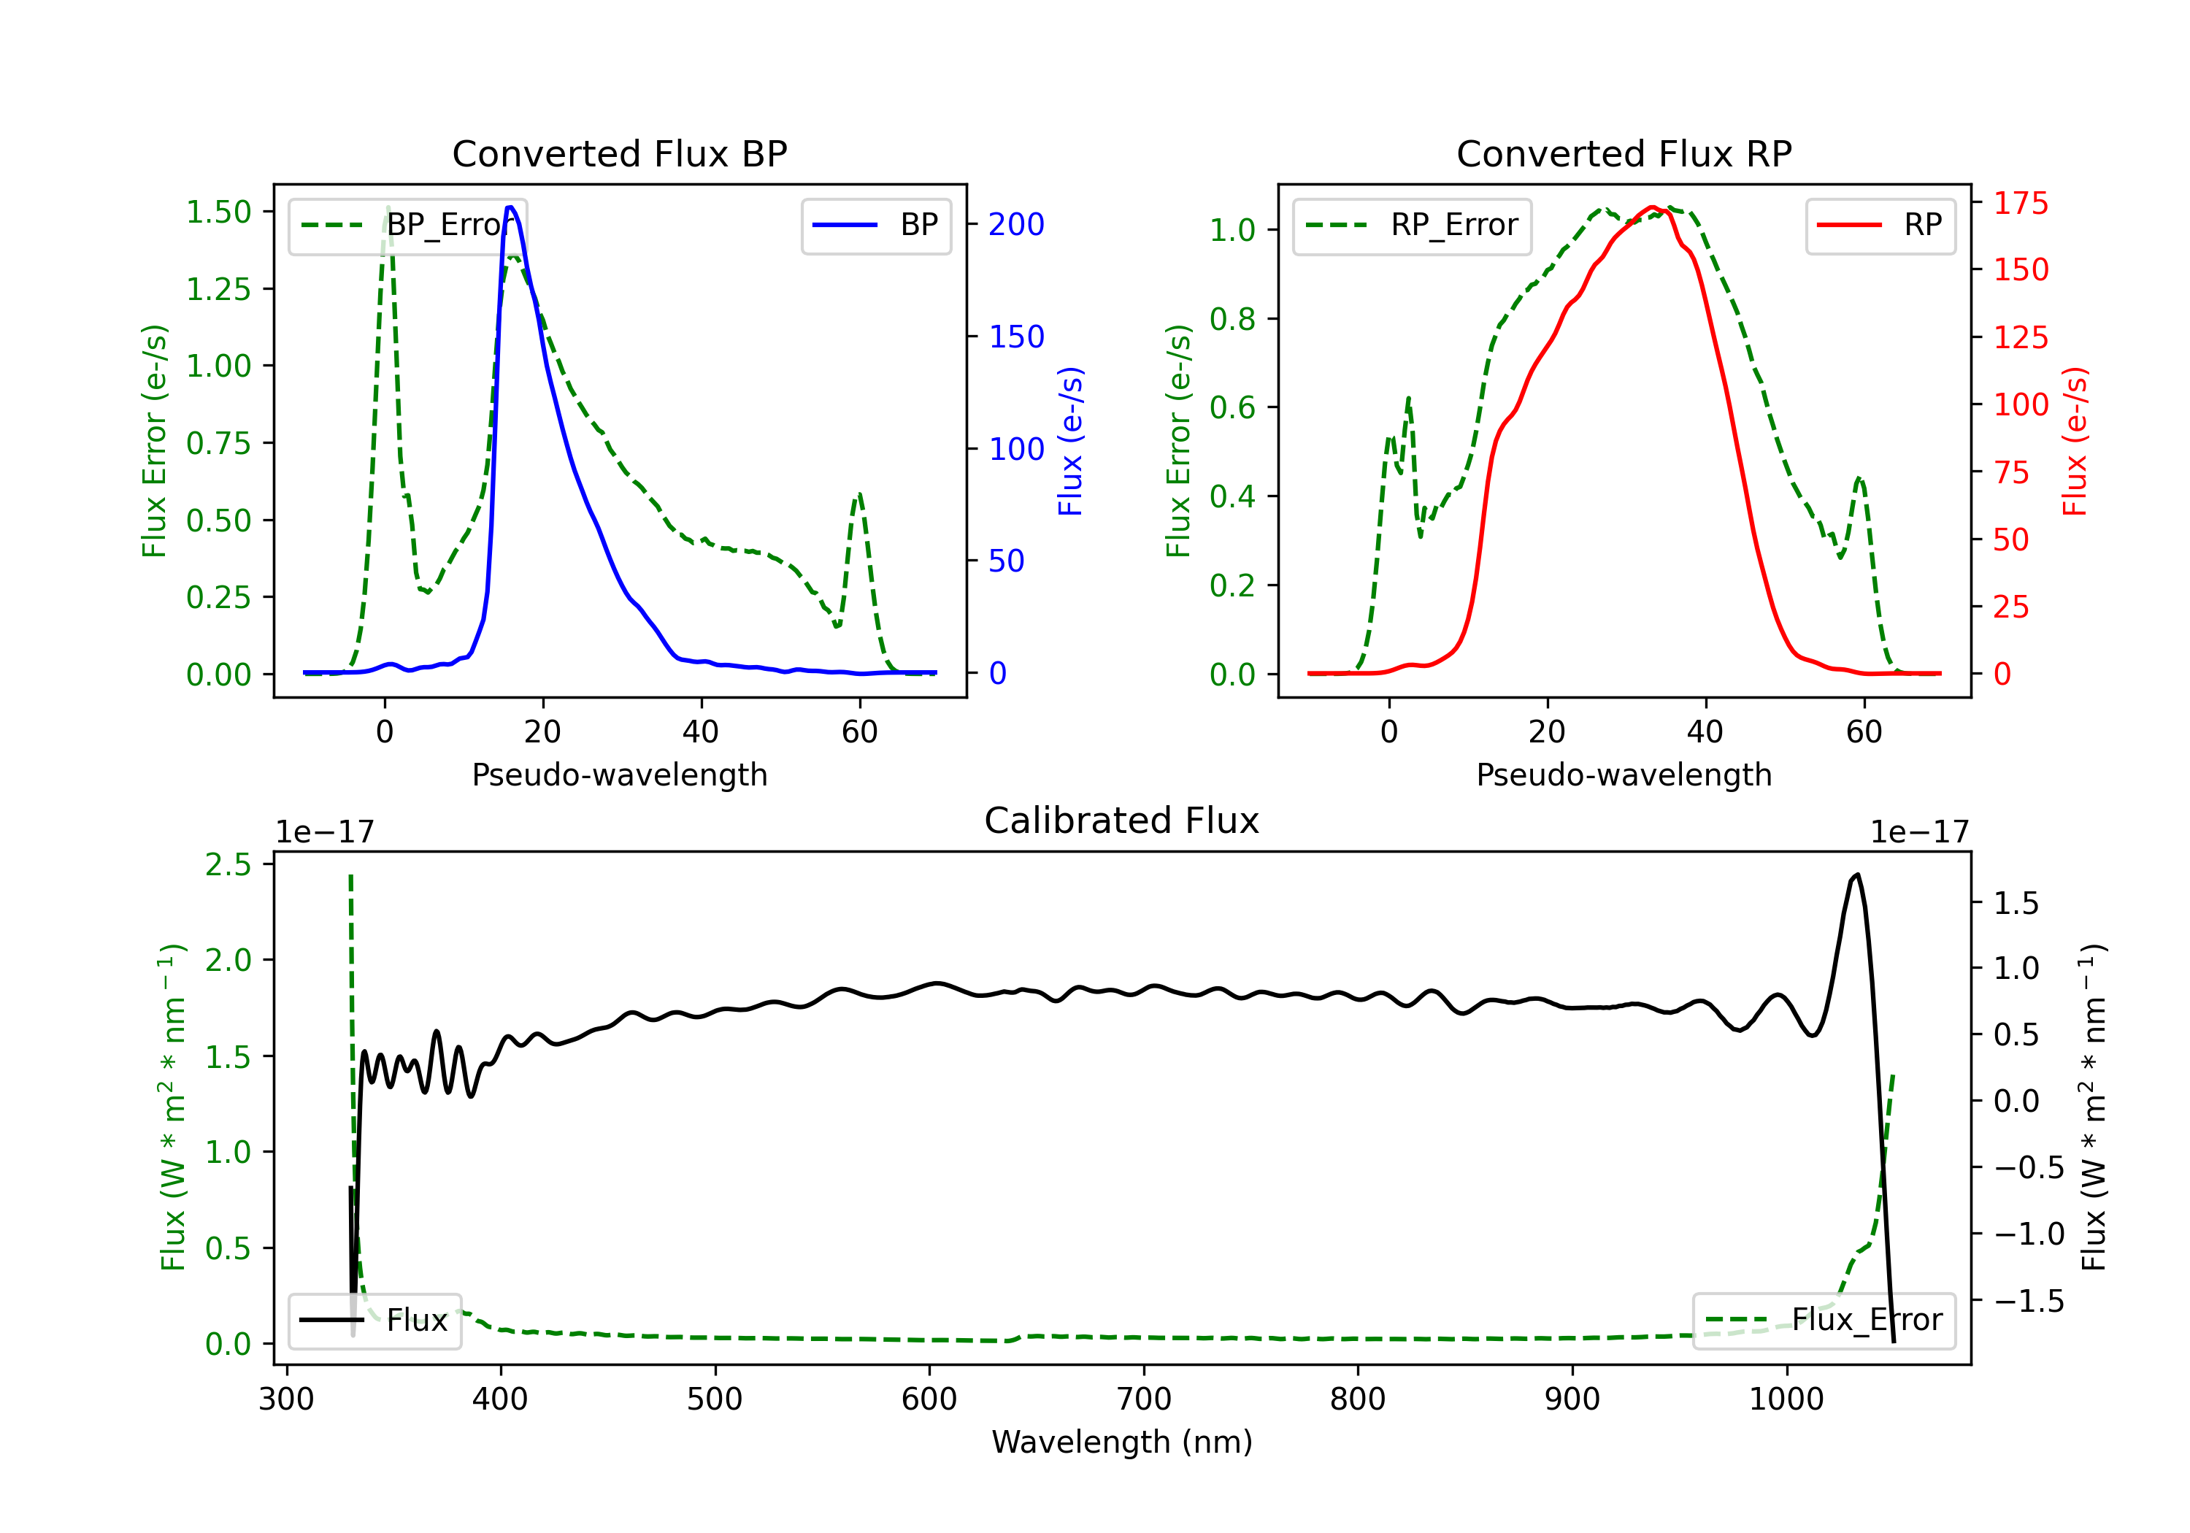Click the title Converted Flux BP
619,153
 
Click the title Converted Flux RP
1624,153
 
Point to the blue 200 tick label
1016,224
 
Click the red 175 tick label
2020,203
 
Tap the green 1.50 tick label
218,212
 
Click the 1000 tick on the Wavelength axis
1786,1399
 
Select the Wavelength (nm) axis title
1122,1442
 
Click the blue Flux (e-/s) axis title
1070,441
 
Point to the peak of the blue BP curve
510,207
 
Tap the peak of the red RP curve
1652,207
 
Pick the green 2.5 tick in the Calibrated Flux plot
228,864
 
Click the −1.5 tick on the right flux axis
2028,1300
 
